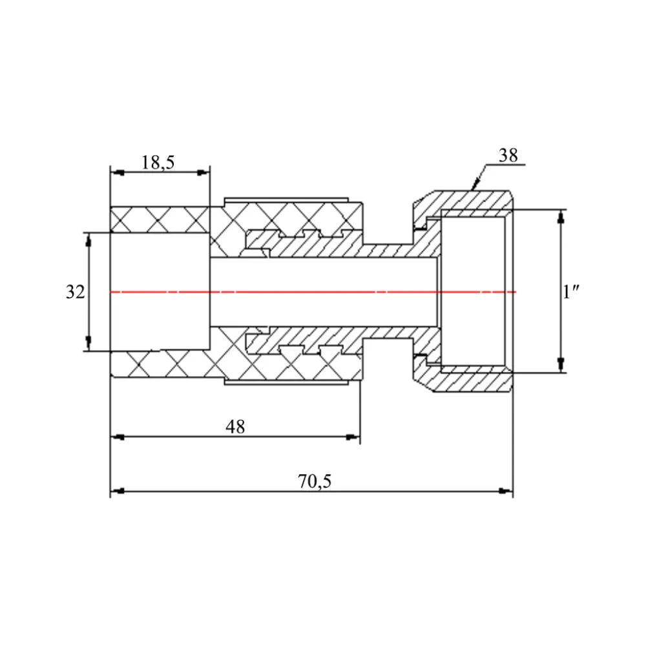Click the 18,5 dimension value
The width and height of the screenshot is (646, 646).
(x=158, y=162)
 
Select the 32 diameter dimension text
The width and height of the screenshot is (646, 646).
(x=75, y=292)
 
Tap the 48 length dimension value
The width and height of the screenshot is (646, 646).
(x=235, y=427)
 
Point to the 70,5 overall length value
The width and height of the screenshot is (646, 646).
(x=315, y=481)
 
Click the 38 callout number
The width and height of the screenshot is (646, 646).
(x=508, y=156)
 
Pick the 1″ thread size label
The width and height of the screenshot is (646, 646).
(x=570, y=292)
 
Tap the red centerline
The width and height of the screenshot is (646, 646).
(x=310, y=292)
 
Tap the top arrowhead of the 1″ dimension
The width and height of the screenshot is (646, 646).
(x=561, y=216)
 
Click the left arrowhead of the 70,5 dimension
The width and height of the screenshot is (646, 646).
(x=116, y=491)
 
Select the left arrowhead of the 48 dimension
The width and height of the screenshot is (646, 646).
(x=116, y=437)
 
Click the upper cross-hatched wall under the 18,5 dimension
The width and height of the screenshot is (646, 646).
(x=160, y=219)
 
